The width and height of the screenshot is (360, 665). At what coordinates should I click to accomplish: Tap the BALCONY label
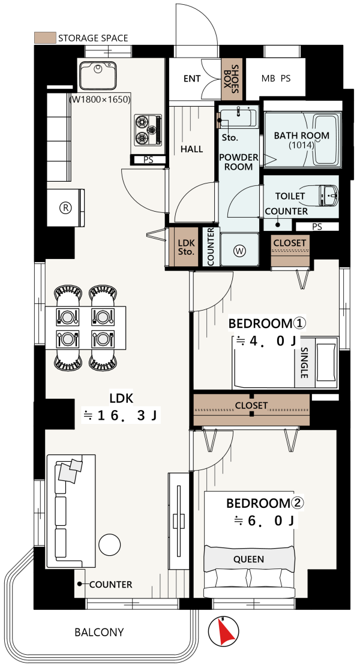[x=99, y=633]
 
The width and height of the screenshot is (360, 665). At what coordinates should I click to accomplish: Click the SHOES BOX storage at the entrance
[x=232, y=79]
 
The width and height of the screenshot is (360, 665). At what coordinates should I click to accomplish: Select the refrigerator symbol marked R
[x=65, y=207]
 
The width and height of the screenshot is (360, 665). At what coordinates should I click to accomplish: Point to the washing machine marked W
[x=239, y=250]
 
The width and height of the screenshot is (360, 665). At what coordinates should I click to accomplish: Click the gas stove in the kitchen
[x=148, y=130]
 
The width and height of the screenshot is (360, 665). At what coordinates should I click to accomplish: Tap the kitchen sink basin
[x=97, y=75]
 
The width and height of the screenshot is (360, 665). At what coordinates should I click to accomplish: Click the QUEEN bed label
[x=248, y=559]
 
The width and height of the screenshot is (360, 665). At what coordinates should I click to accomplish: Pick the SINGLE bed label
[x=304, y=363]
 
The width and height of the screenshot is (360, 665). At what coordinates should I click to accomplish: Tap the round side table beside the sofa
[x=110, y=544]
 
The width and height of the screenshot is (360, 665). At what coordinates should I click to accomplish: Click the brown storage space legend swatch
[x=44, y=38]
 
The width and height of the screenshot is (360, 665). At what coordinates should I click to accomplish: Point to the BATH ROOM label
[x=301, y=136]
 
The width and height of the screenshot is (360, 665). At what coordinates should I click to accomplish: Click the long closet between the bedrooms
[x=251, y=410]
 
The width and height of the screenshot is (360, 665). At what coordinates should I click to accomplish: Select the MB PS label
[x=276, y=79]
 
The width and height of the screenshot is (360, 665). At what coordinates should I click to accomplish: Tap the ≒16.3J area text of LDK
[x=121, y=416]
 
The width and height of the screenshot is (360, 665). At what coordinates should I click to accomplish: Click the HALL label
[x=191, y=149]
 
